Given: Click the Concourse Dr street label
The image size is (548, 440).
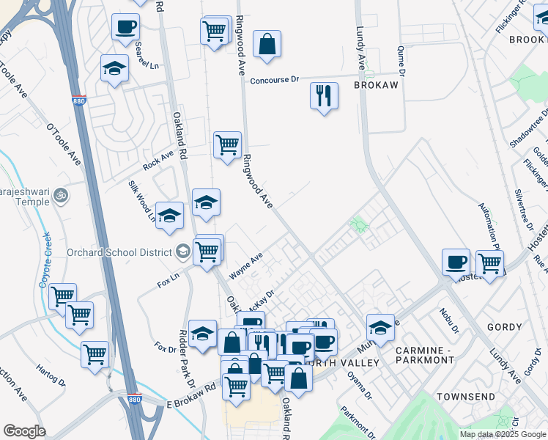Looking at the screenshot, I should click(x=275, y=80).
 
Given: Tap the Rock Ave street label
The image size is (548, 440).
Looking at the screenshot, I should click(x=158, y=161).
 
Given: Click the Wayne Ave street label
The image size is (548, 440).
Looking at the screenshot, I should click(x=245, y=266).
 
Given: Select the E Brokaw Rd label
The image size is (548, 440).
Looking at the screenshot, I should click(x=193, y=396).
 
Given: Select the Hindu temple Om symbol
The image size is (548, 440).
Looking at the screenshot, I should click(x=61, y=196).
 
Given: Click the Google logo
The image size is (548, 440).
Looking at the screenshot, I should click(x=24, y=431).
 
